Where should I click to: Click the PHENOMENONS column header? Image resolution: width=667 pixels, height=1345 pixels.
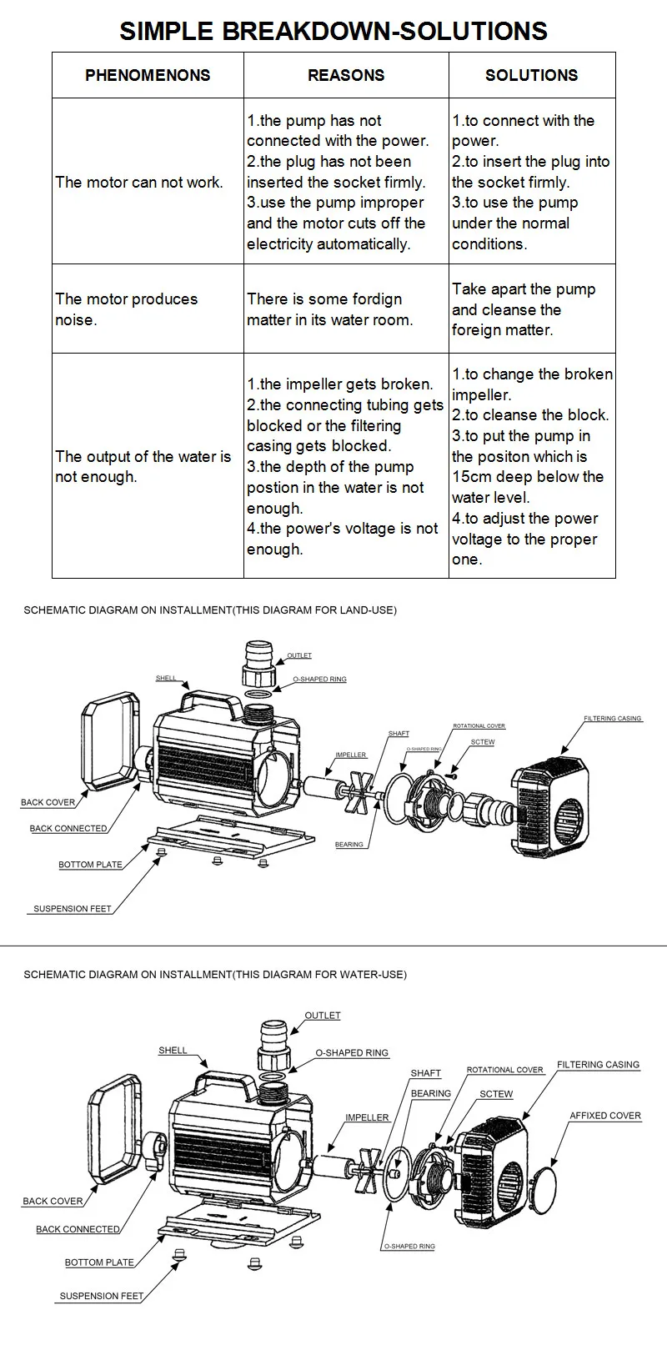coord(148,75)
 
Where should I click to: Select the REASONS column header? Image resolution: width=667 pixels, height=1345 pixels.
coord(346,75)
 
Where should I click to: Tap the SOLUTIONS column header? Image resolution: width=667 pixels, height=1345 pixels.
coord(531,75)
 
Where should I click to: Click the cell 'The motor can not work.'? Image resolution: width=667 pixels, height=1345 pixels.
coord(139,182)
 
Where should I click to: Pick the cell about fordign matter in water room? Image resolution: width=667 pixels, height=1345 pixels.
coord(329,309)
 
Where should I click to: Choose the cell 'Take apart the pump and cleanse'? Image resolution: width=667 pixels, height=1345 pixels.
coord(524,309)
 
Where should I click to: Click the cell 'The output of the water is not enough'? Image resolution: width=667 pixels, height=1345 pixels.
coord(143,466)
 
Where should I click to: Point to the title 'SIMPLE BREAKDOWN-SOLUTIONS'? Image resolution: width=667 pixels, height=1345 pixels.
coord(333,31)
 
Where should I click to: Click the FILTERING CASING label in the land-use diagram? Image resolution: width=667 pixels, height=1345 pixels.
coord(612,718)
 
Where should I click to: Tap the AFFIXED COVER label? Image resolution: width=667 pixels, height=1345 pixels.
coord(605,1115)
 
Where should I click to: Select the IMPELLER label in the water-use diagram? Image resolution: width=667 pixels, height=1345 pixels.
coord(367,1117)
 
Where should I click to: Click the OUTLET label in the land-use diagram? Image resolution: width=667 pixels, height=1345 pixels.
coord(299,655)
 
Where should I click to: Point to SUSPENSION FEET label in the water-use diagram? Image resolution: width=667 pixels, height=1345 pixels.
coord(101,1296)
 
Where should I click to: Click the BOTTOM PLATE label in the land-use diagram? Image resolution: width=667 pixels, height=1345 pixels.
coord(90,865)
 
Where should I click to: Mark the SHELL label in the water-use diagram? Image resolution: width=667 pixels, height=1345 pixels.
coord(173,1050)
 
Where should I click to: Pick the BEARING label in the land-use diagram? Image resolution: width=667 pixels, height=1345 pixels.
coord(349,845)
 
